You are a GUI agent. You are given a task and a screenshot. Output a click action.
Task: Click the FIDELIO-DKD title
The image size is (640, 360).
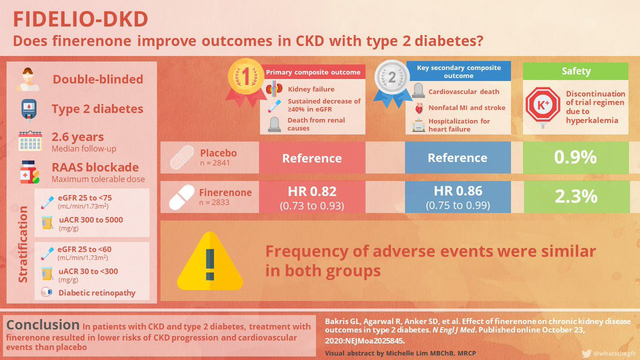point(81,19)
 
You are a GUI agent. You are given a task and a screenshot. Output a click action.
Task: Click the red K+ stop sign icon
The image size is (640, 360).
point(543,106)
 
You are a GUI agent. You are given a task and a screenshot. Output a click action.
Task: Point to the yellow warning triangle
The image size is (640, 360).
point(210,261)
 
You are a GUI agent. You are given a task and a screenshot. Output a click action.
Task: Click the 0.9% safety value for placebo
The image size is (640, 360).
point(575,157)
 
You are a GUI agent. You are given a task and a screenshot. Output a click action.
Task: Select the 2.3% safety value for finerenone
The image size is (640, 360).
point(576,196)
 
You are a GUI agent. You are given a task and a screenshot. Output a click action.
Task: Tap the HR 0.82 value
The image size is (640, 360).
point(312,191)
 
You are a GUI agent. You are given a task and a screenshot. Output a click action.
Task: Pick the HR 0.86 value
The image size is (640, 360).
point(458,191)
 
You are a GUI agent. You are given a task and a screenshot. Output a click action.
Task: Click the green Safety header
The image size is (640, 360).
point(575,71)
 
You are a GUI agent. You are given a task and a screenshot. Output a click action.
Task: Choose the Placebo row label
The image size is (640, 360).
point(218,153)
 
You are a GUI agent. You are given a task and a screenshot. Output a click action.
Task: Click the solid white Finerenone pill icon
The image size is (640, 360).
point(181,197)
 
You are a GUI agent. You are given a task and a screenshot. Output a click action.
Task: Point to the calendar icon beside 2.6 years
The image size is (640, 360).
point(30,141)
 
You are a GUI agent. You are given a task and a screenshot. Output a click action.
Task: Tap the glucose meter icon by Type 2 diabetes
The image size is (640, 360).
point(29,110)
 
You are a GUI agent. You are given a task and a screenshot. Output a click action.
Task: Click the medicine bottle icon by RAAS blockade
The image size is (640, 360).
point(29,172)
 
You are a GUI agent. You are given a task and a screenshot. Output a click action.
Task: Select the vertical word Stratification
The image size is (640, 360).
point(23,244)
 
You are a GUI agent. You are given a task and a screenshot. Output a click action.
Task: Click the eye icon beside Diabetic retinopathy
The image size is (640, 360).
point(46,292)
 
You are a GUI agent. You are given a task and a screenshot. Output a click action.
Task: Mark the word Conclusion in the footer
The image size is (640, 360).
point(43,325)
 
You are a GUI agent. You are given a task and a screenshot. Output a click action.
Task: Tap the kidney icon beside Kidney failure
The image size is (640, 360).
point(274,89)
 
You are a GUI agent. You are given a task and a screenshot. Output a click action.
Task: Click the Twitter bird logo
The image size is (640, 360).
point(586,354)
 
